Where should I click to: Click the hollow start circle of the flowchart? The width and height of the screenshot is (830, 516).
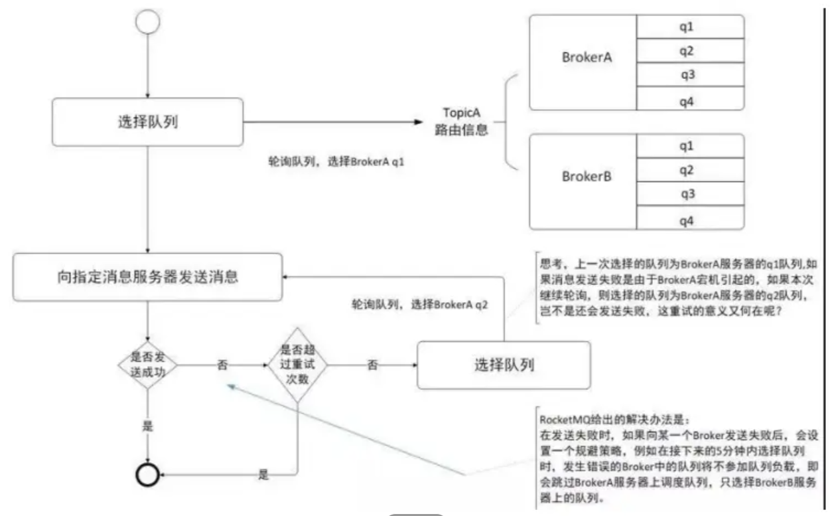point(147,21)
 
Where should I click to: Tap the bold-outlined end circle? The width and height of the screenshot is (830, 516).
point(147,474)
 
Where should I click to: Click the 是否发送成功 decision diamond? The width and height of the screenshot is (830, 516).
point(147,365)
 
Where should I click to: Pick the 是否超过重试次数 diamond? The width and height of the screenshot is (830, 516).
point(298,364)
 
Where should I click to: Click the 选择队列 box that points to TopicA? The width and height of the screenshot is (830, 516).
point(148,122)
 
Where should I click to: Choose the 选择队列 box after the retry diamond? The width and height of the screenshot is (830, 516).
point(504,364)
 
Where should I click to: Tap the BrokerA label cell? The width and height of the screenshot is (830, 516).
point(582,58)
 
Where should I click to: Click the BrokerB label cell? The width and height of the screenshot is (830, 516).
point(582,177)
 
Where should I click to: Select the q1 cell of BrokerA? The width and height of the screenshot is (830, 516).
point(690,27)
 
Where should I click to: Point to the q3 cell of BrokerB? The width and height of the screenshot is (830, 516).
point(690,195)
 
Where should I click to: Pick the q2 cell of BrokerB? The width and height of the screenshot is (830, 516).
point(690,171)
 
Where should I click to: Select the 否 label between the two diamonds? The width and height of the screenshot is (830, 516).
point(223,365)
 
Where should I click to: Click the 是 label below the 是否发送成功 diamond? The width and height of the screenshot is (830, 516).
point(147,425)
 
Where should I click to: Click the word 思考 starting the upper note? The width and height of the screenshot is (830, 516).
point(549,263)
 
